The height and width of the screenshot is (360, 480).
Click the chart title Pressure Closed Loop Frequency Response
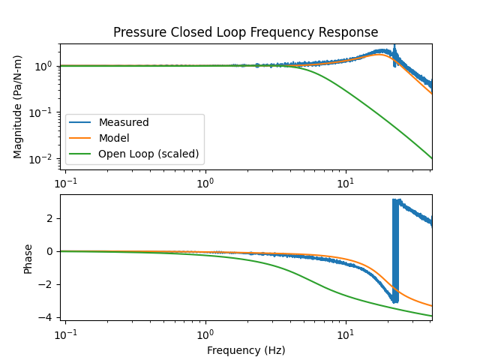[245, 32]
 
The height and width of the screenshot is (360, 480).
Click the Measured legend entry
[124, 122]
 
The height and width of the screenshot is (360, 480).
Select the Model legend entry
[113, 138]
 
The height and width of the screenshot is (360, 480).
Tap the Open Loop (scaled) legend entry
[148, 154]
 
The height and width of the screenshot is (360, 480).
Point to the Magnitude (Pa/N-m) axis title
[18, 106]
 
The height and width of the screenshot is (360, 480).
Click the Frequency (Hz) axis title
[245, 349]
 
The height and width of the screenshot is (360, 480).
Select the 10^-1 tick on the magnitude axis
[43, 112]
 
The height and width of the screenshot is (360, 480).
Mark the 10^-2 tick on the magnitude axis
[43, 159]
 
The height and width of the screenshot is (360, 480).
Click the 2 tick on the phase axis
[52, 218]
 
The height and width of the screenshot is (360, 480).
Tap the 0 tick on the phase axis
[52, 251]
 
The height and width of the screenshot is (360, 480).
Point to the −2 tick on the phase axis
[49, 284]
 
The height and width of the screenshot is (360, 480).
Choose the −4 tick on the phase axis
[49, 317]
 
